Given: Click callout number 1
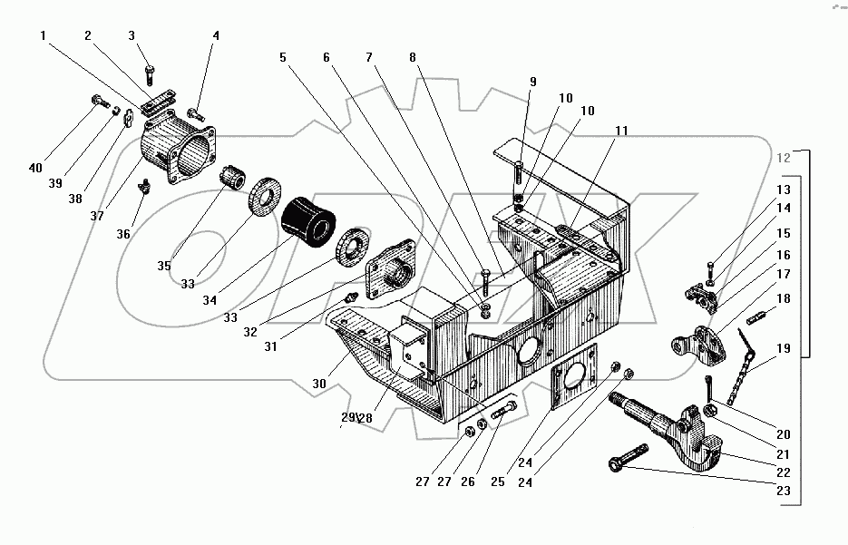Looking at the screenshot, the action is click(x=44, y=35).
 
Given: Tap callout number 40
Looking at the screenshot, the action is click(x=35, y=168).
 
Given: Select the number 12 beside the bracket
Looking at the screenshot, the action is click(x=783, y=158).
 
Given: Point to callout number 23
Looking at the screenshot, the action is click(x=783, y=491).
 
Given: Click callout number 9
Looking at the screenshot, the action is click(x=533, y=82).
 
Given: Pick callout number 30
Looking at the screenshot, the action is click(x=319, y=384).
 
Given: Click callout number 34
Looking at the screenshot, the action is click(x=210, y=299).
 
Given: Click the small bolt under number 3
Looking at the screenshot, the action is click(x=151, y=75).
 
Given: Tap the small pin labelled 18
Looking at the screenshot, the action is click(x=756, y=317).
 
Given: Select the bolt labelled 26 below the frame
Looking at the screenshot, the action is click(x=503, y=412).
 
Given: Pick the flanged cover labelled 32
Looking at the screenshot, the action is click(x=391, y=269).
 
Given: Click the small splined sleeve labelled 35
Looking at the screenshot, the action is click(x=233, y=178).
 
